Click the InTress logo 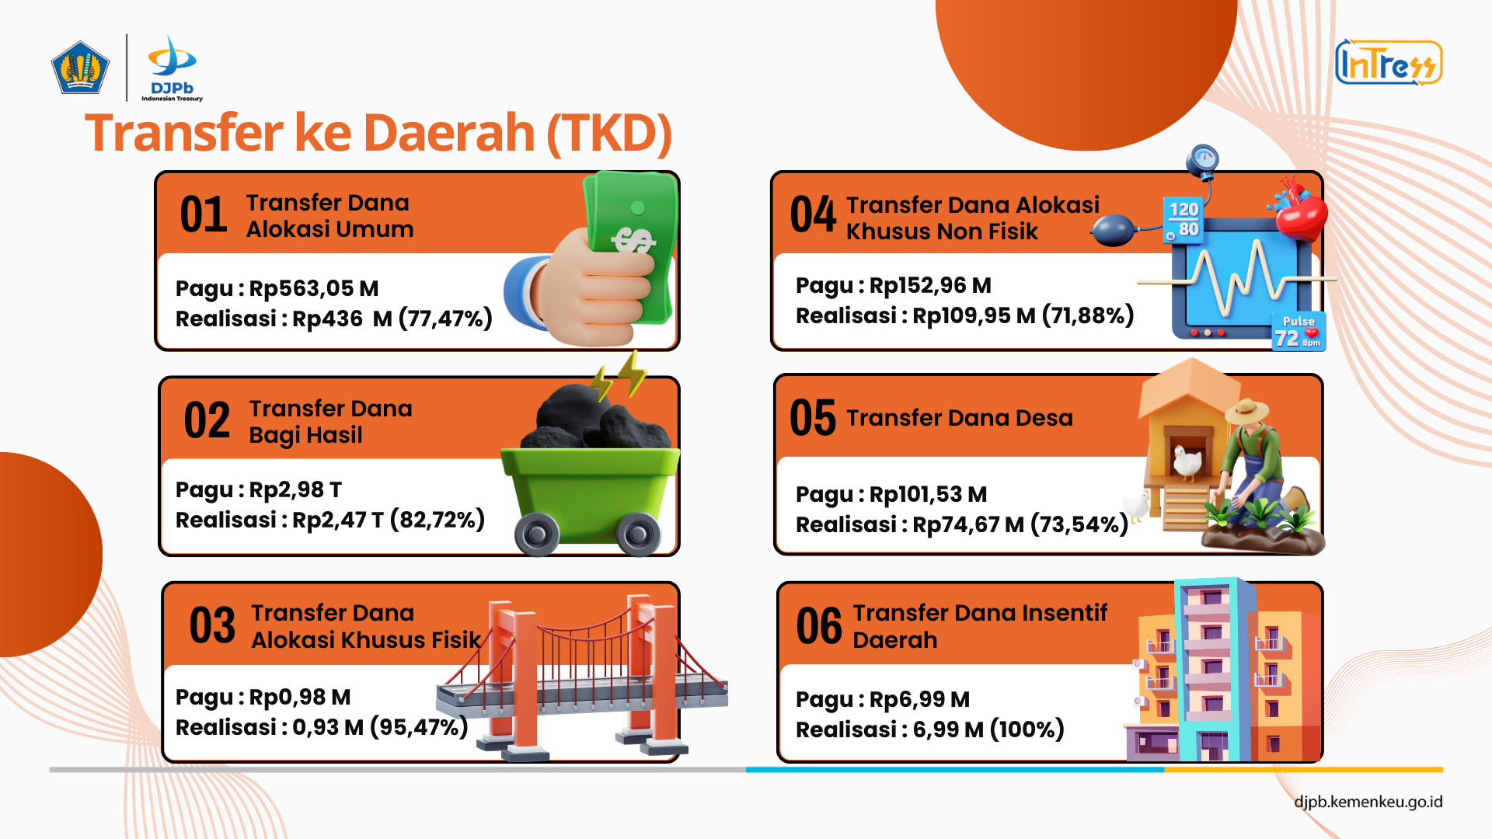(x=1389, y=62)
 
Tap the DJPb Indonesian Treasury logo (x=172, y=68)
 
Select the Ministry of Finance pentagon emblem (x=80, y=68)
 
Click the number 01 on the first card (x=204, y=215)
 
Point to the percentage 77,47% (x=445, y=319)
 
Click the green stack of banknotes (x=631, y=245)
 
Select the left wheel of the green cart (x=536, y=534)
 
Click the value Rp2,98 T (x=295, y=490)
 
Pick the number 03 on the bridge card (x=212, y=625)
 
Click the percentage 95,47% (x=420, y=728)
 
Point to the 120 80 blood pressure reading (x=1183, y=220)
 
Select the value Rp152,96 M (x=930, y=286)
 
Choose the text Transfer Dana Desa (x=960, y=418)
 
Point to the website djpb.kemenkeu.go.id (x=1368, y=802)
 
